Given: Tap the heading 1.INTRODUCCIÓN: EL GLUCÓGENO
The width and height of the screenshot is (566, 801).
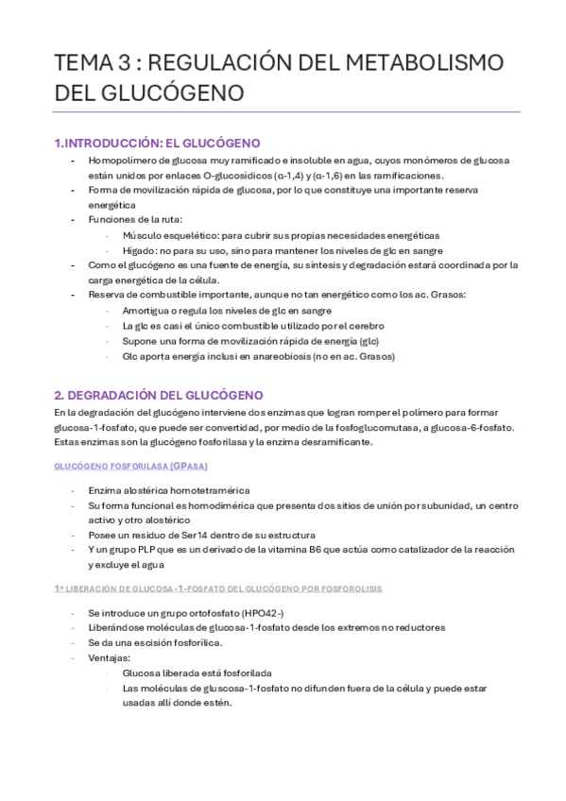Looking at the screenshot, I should click(157, 143).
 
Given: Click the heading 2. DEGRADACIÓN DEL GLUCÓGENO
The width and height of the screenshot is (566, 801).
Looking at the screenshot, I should click(159, 394).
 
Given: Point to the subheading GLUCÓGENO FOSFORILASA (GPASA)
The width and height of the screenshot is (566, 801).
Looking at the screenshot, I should click(131, 467).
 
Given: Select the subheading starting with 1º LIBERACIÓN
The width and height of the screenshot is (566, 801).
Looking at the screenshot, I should click(218, 588).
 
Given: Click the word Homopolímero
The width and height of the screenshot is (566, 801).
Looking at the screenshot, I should click(122, 161).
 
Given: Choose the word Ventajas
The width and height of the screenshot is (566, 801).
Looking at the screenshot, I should click(110, 658).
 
